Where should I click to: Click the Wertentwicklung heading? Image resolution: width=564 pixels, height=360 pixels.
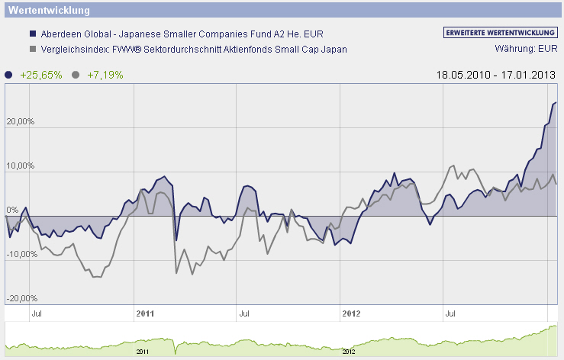point(47,11)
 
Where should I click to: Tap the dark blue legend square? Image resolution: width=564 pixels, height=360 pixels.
point(32,35)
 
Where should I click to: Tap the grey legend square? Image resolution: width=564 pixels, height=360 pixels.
point(32,50)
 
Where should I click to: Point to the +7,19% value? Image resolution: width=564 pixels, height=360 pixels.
point(105,75)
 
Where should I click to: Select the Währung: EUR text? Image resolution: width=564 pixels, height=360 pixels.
point(526,50)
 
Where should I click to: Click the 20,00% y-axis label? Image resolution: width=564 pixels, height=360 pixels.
point(21,121)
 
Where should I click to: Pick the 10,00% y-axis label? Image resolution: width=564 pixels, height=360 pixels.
point(21,166)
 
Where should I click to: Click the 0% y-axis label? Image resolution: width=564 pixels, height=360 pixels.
point(12,210)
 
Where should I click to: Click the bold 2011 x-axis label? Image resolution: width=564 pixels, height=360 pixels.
point(145,313)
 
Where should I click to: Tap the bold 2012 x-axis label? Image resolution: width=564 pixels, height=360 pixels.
point(351,313)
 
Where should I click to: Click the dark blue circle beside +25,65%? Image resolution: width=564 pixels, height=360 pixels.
point(8,75)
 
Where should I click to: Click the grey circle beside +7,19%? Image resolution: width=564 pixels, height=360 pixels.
point(75,75)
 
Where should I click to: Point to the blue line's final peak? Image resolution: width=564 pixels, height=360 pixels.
point(556,102)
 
